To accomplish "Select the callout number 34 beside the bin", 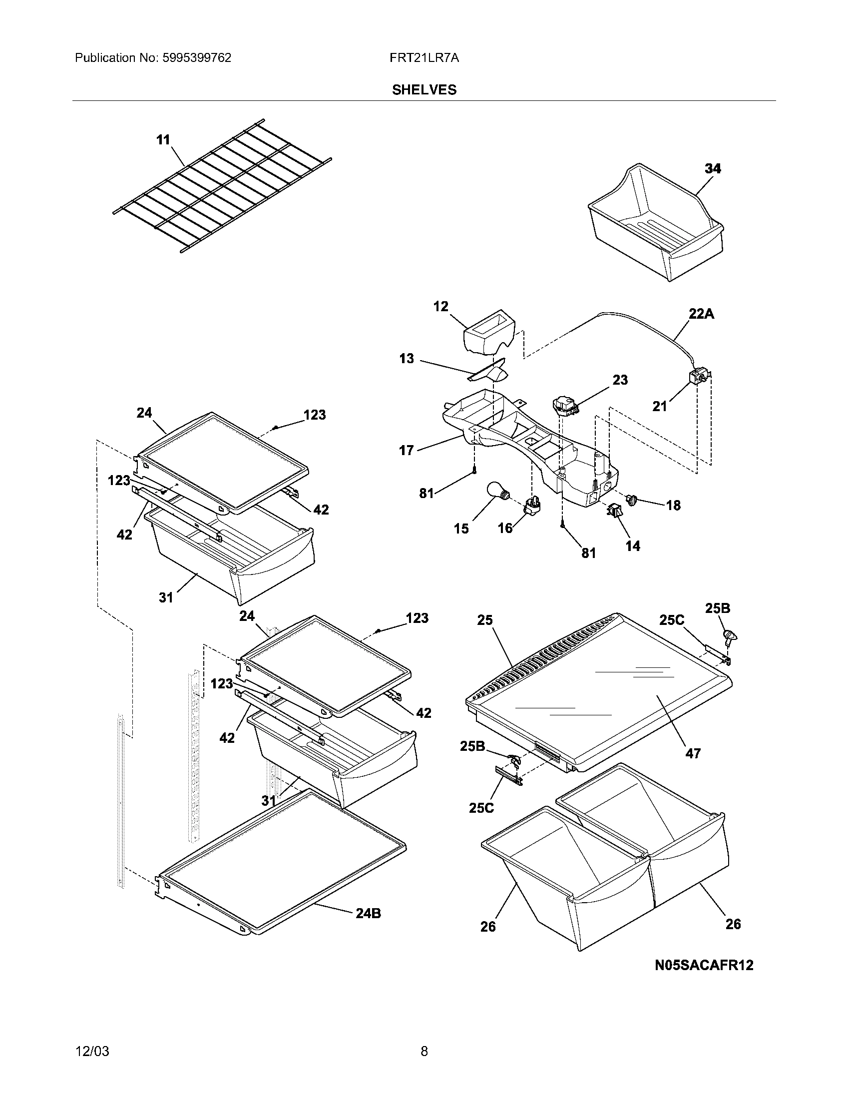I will click(x=713, y=168).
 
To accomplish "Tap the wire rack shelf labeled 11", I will click(x=221, y=186).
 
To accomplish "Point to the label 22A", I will click(x=701, y=314).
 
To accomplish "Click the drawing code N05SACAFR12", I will click(x=704, y=965).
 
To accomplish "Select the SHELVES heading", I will click(x=424, y=90).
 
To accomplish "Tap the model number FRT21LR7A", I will click(x=424, y=58).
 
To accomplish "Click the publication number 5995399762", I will click(x=196, y=58).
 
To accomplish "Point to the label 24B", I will click(x=368, y=913).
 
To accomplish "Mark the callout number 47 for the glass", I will click(x=693, y=753).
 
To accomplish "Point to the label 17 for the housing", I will click(x=406, y=451).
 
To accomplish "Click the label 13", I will click(x=407, y=359).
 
